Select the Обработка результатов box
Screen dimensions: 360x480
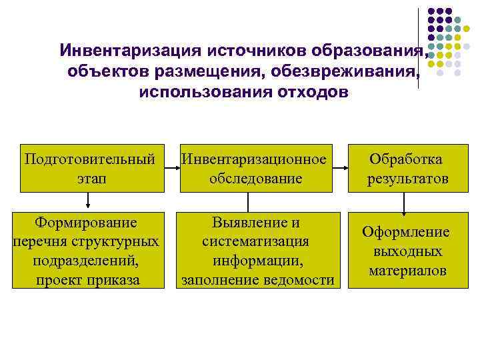[407, 167]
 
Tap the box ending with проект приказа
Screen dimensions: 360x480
[87, 250]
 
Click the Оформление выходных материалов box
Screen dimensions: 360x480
[407, 251]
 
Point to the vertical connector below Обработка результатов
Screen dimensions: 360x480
[407, 201]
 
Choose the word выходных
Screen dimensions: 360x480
[407, 251]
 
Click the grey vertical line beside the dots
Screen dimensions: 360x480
[420, 47]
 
